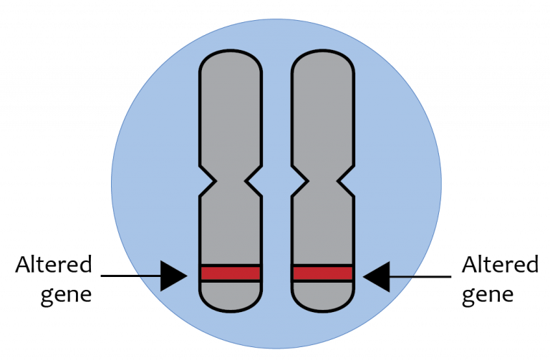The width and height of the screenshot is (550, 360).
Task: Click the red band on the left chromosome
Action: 231,273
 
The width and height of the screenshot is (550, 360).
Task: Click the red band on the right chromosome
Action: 323,273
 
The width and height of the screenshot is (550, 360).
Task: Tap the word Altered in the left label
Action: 54,264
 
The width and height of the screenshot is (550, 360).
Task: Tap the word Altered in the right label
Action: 500,264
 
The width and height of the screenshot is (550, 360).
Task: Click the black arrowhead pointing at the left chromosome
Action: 173,276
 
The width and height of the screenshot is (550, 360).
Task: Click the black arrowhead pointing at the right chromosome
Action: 377,276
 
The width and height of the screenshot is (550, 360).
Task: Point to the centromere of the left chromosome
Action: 231,181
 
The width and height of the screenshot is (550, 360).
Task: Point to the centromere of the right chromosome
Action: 323,181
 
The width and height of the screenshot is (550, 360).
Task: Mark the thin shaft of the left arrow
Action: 131,276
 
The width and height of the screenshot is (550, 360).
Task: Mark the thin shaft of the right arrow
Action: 420,276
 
